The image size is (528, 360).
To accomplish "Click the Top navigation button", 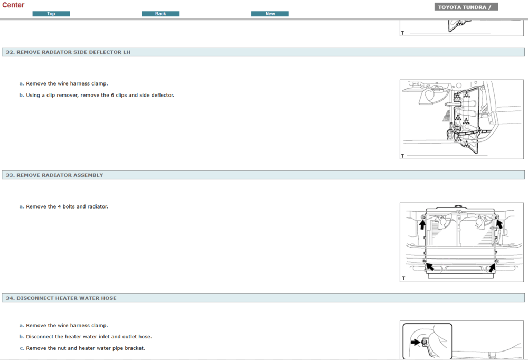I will [x=51, y=14].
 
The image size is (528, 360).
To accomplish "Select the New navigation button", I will [x=270, y=14].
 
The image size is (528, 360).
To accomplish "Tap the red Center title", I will [x=13, y=5].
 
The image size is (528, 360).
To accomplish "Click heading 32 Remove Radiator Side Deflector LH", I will [x=68, y=52].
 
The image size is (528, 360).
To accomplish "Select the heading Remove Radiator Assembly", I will [x=60, y=175].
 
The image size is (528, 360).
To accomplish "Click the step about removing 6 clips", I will [x=100, y=96].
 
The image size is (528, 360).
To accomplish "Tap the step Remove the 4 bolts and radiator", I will [x=67, y=207].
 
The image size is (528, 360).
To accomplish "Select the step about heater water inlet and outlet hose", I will [x=89, y=337].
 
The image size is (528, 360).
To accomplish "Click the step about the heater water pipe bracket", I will [x=86, y=348].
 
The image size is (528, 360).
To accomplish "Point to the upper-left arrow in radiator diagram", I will [x=422, y=224].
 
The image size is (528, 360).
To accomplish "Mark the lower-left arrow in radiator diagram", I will [x=429, y=267].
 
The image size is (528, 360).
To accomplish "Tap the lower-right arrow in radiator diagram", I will [x=492, y=268].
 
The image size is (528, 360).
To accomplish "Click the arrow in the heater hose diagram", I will [x=416, y=342].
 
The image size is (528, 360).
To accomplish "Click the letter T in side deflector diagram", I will [x=403, y=156].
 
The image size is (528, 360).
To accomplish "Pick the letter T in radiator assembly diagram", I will [x=403, y=278].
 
